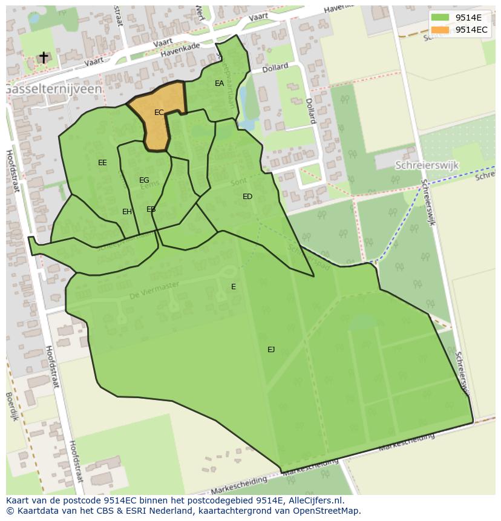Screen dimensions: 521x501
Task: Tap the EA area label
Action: pos(219,84)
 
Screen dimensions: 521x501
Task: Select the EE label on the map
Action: pos(102,163)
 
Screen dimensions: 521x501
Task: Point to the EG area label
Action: pos(144,180)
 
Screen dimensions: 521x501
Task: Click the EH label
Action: pos(127,212)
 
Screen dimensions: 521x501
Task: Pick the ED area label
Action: pos(247,197)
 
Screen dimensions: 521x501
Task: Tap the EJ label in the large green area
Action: pos(271,350)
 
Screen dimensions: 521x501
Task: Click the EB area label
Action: pos(151,209)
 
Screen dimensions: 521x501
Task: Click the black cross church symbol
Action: pos(44,57)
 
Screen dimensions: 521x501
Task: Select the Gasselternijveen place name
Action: pos(53,89)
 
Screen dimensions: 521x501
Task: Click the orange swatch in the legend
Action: pos(440,30)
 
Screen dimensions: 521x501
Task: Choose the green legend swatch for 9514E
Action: pos(440,18)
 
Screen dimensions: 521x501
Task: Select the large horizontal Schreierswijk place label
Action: pos(427,165)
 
